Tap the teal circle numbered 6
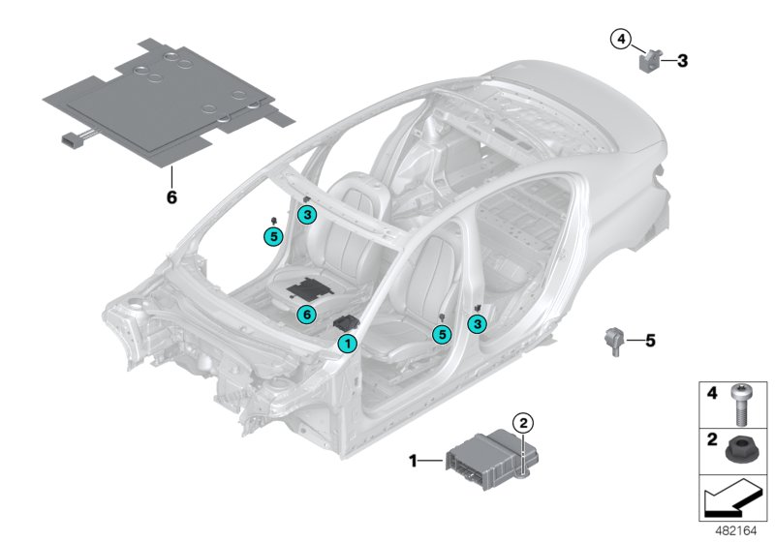304,314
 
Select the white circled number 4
620,39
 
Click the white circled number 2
523,422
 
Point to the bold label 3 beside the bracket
682,61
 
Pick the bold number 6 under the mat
171,196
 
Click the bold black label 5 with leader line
650,340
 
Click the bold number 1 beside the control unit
413,462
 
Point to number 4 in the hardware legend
711,393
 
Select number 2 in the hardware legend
711,440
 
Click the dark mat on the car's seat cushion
310,287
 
